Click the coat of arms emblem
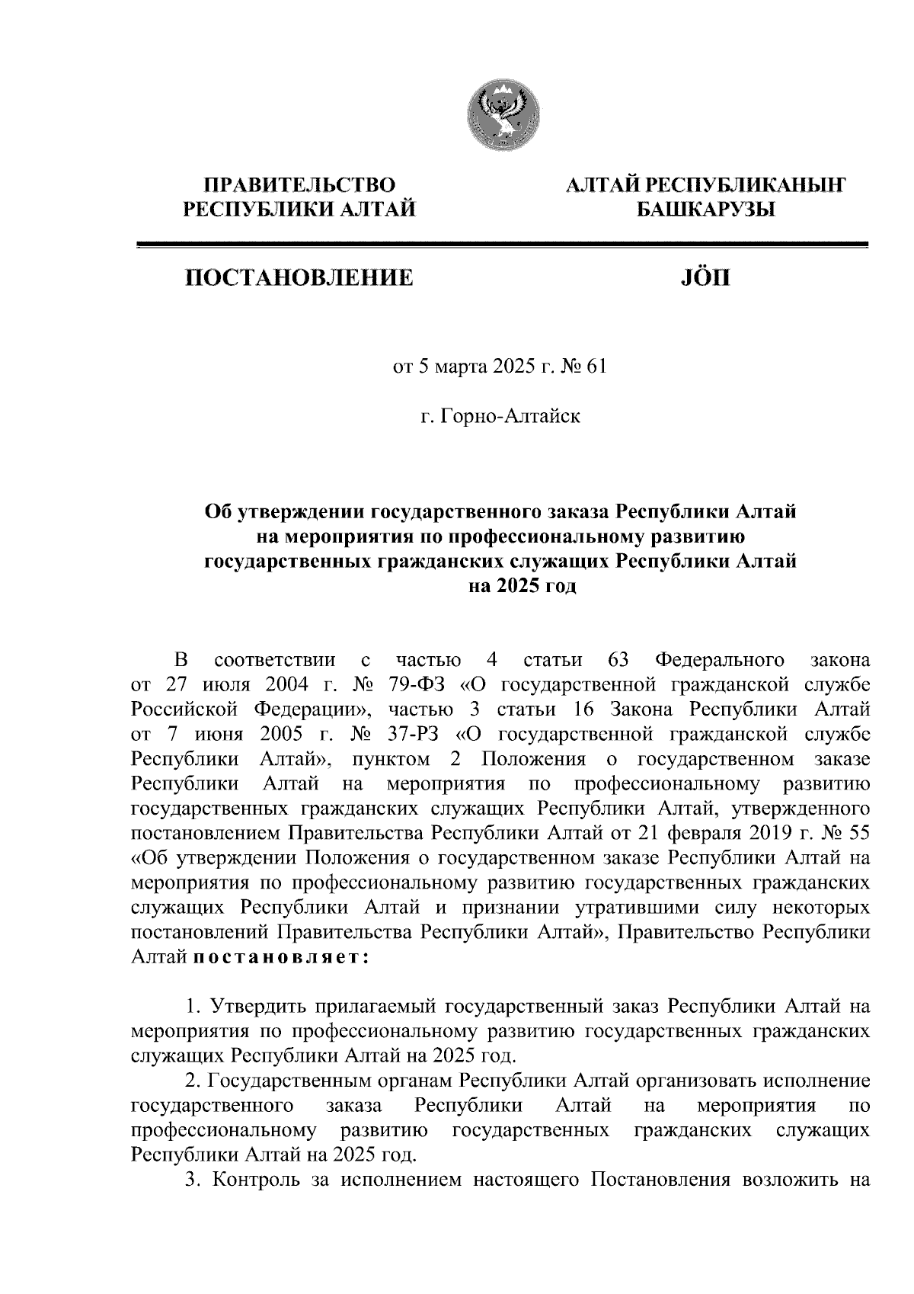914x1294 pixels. (503, 114)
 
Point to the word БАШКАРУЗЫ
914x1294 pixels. (705, 208)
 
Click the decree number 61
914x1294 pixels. (598, 368)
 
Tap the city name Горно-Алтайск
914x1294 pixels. (510, 417)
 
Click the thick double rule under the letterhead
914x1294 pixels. (502, 245)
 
